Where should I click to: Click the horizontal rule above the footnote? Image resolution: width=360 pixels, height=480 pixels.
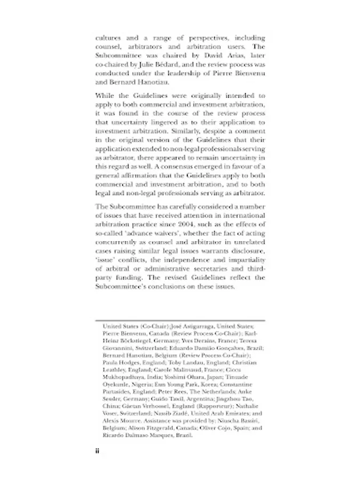click(x=180, y=319)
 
